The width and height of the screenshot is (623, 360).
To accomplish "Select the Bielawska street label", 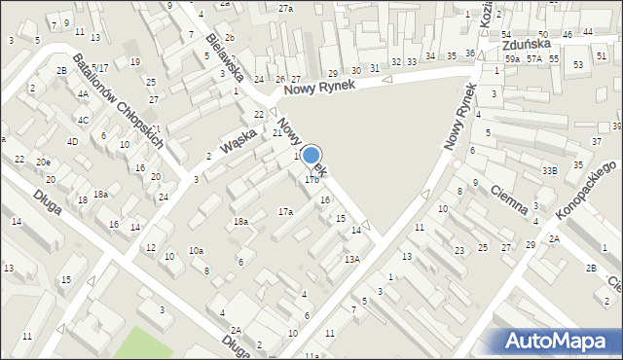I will click(x=224, y=55).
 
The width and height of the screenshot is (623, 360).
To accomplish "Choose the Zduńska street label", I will click(x=527, y=44).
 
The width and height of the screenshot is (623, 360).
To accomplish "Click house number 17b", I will click(x=311, y=180).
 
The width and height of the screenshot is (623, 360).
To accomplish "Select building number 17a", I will click(x=285, y=211).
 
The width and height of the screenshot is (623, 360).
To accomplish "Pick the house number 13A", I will click(x=351, y=259).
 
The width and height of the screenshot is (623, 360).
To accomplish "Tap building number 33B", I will click(x=550, y=171).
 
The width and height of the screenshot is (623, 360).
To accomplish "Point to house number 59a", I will click(x=512, y=59).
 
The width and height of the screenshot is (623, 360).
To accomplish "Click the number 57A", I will click(x=534, y=59).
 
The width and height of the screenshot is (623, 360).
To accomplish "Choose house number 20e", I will click(x=43, y=162).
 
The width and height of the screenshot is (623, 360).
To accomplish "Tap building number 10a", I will click(x=196, y=251).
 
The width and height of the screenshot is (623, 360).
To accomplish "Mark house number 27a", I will click(x=285, y=8).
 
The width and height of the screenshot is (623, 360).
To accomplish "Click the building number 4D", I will click(x=72, y=142).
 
